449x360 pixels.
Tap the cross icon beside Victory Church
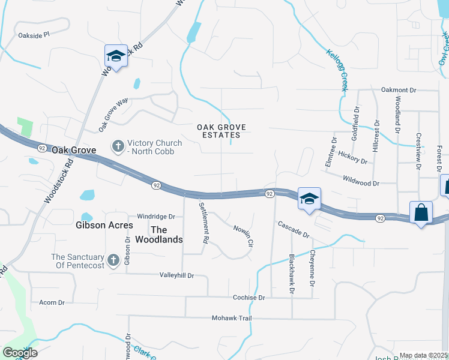pyautogui.click(x=118, y=145)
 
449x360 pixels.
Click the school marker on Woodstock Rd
pyautogui.click(x=116, y=56)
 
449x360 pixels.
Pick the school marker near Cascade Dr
pyautogui.click(x=309, y=199)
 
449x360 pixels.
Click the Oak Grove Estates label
pyautogui.click(x=218, y=131)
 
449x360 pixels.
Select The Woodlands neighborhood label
pyautogui.click(x=167, y=234)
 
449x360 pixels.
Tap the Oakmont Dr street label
pyautogui.click(x=398, y=90)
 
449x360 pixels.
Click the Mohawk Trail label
pyautogui.click(x=232, y=318)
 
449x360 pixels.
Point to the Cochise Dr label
pyautogui.click(x=249, y=298)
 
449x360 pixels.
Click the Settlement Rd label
pyautogui.click(x=204, y=222)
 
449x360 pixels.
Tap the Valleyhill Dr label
pyautogui.click(x=176, y=275)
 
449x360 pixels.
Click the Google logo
pyautogui.click(x=20, y=353)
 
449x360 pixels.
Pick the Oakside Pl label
pyautogui.click(x=34, y=35)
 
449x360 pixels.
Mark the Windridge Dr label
pyautogui.click(x=155, y=217)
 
